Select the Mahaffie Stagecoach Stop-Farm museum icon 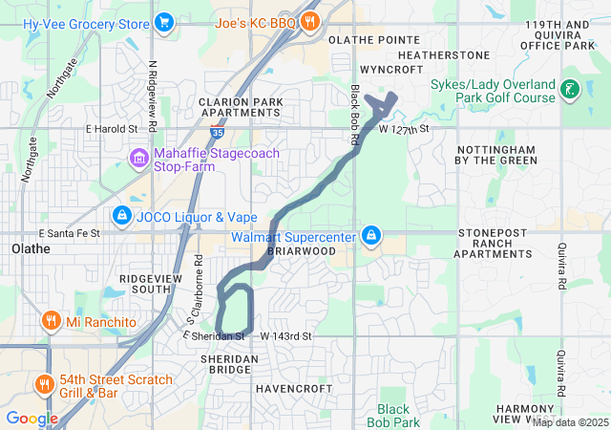(139, 157)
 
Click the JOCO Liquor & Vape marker (121, 215)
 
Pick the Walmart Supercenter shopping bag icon (372, 235)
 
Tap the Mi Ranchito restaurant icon (51, 321)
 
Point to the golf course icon (570, 91)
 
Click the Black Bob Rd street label (354, 116)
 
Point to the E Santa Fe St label (69, 233)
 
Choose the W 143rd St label (285, 336)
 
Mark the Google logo (32, 418)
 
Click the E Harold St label (112, 128)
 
